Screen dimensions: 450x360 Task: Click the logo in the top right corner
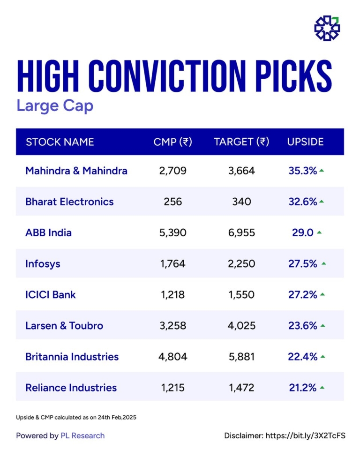327,28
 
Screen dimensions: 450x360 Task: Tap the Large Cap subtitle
55,105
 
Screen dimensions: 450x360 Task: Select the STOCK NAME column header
60,142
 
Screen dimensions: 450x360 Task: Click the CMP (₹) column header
173,142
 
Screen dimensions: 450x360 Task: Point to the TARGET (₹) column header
241,142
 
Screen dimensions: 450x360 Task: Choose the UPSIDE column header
306,142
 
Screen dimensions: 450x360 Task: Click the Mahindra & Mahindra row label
76,171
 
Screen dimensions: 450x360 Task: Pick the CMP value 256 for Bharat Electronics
173,202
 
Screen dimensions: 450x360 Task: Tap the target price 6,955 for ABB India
241,232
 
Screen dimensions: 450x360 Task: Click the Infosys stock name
43,263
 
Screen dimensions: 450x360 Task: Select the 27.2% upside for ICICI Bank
303,294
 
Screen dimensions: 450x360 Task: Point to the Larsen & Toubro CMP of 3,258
173,325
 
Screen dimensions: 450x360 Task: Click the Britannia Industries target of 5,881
241,356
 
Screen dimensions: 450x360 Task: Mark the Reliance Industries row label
71,388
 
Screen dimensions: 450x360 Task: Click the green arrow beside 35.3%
322,171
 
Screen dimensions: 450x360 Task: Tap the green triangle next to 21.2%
322,388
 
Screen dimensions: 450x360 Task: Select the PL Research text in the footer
82,435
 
